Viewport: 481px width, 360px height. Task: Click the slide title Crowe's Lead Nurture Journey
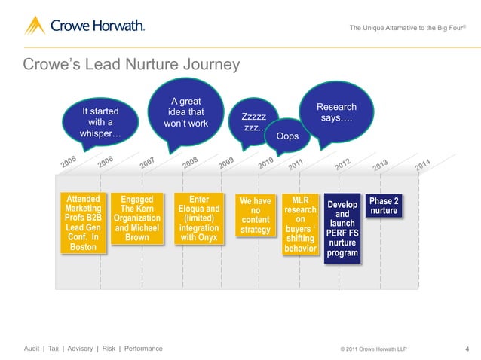(131, 65)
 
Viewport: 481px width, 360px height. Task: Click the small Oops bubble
(287, 136)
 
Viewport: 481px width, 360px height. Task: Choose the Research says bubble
(335, 114)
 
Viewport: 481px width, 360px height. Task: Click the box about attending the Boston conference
(83, 223)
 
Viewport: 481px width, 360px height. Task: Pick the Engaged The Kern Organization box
(136, 219)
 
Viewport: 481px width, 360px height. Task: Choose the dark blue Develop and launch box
(342, 228)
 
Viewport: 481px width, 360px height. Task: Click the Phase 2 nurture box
(383, 206)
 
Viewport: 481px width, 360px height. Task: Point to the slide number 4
(467, 349)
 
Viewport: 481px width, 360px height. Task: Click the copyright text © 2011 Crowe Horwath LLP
(378, 349)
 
